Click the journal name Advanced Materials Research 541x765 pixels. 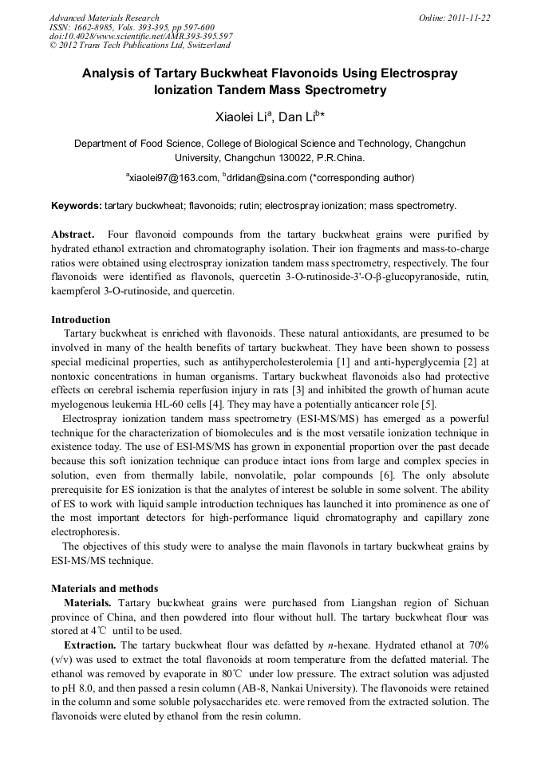(104, 17)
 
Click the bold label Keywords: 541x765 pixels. (77, 206)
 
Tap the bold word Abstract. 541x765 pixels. (73, 235)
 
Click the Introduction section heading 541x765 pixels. (81, 320)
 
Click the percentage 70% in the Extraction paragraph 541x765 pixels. (477, 645)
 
